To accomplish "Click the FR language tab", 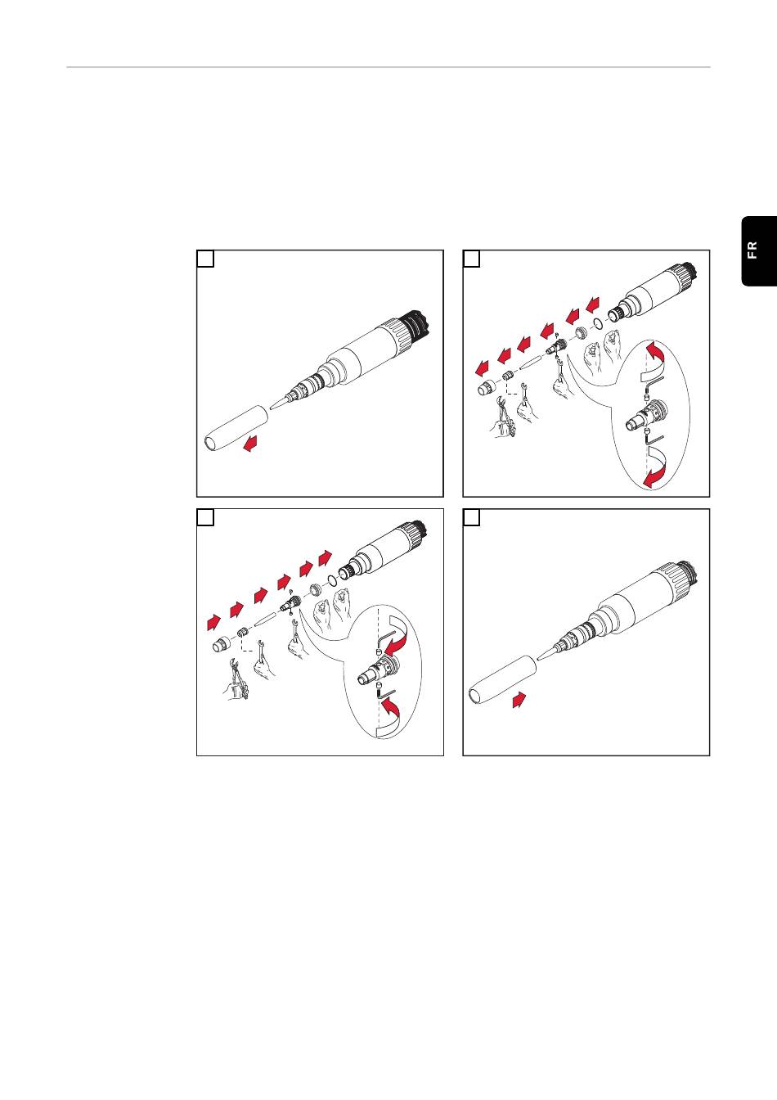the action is pyautogui.click(x=759, y=250).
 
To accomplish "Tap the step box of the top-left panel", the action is pyautogui.click(x=205, y=259).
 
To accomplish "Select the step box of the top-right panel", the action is pyautogui.click(x=472, y=259).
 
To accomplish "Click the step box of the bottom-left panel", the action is pyautogui.click(x=205, y=517).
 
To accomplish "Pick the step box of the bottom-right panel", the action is pyautogui.click(x=472, y=517).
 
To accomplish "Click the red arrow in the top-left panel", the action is pyautogui.click(x=251, y=443).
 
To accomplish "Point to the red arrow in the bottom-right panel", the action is pyautogui.click(x=519, y=700).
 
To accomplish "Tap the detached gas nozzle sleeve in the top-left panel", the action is pyautogui.click(x=236, y=427).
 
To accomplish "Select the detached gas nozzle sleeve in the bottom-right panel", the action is pyautogui.click(x=502, y=680).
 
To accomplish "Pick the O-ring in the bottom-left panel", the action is pyautogui.click(x=332, y=581).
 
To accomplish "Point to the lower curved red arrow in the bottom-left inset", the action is pyautogui.click(x=390, y=718).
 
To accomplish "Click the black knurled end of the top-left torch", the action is pyautogui.click(x=415, y=326).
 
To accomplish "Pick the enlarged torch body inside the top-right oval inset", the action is pyautogui.click(x=648, y=414).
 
